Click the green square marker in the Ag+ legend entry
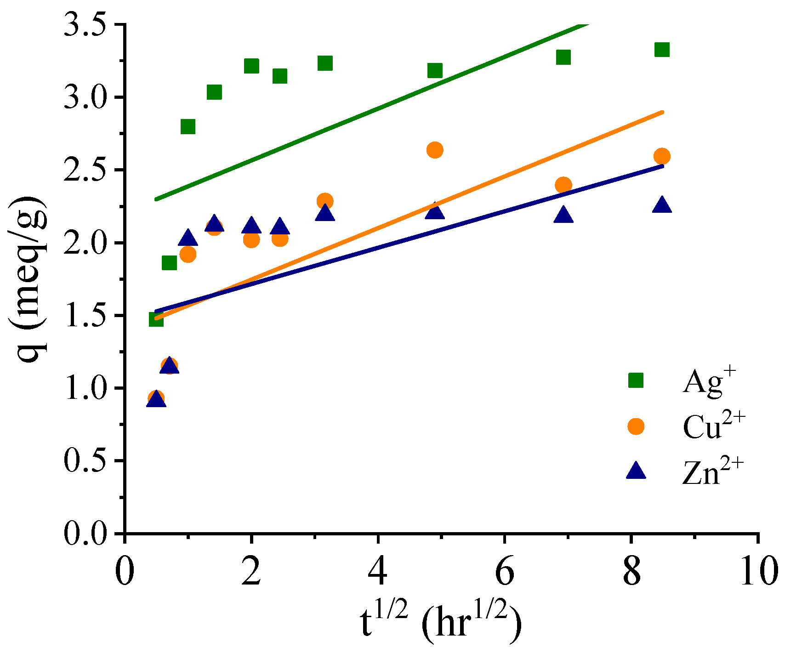(636, 380)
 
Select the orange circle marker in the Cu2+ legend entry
(636, 426)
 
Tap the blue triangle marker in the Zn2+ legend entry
(636, 471)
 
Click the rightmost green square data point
(662, 50)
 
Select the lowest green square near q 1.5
(156, 319)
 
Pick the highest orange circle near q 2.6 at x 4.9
(435, 150)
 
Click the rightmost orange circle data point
(662, 156)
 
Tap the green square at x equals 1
(188, 126)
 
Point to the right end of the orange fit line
(662, 112)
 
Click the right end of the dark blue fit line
(662, 166)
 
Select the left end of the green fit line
(156, 199)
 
